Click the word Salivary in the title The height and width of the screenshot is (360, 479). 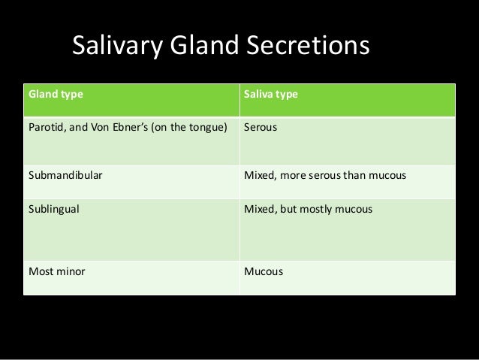tap(117, 47)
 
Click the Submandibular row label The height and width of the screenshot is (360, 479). tap(65, 177)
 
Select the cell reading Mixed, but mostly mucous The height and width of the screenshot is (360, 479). tap(308, 207)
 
